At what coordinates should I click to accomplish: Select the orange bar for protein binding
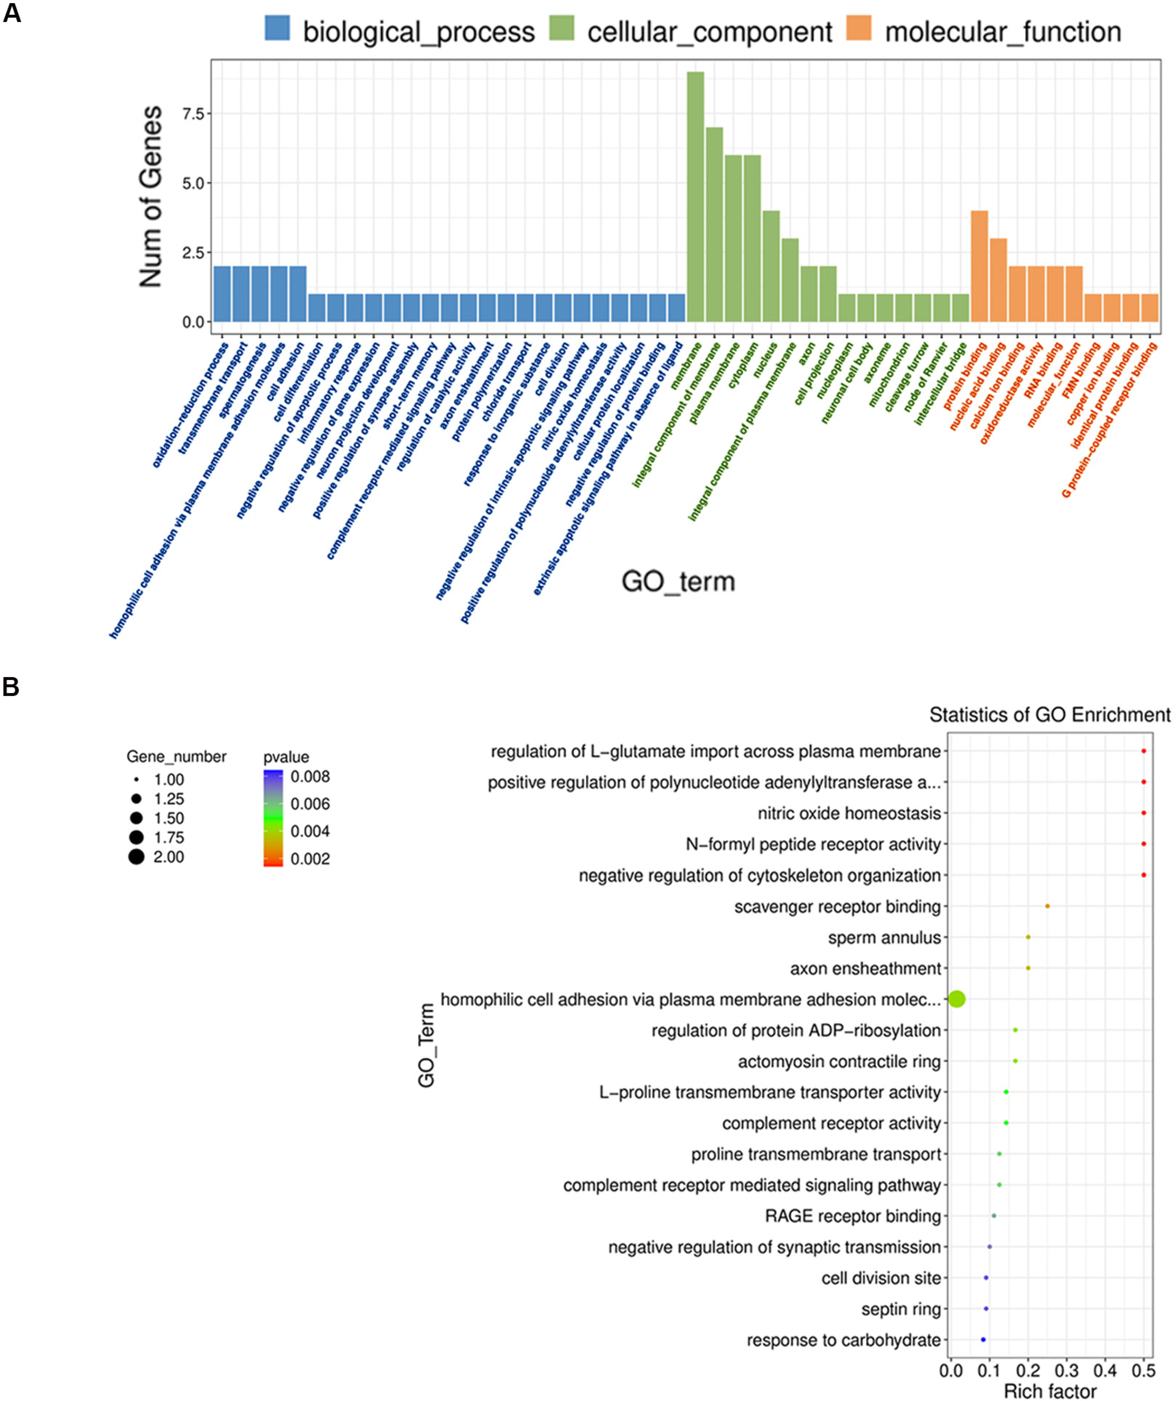(x=979, y=266)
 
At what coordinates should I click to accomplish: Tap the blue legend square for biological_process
(x=277, y=29)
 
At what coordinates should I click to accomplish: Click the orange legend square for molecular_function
(x=859, y=29)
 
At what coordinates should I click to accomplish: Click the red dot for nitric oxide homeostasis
(x=1143, y=813)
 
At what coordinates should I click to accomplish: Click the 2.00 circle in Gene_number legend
(x=137, y=857)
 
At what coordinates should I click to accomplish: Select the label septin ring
(x=901, y=1309)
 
